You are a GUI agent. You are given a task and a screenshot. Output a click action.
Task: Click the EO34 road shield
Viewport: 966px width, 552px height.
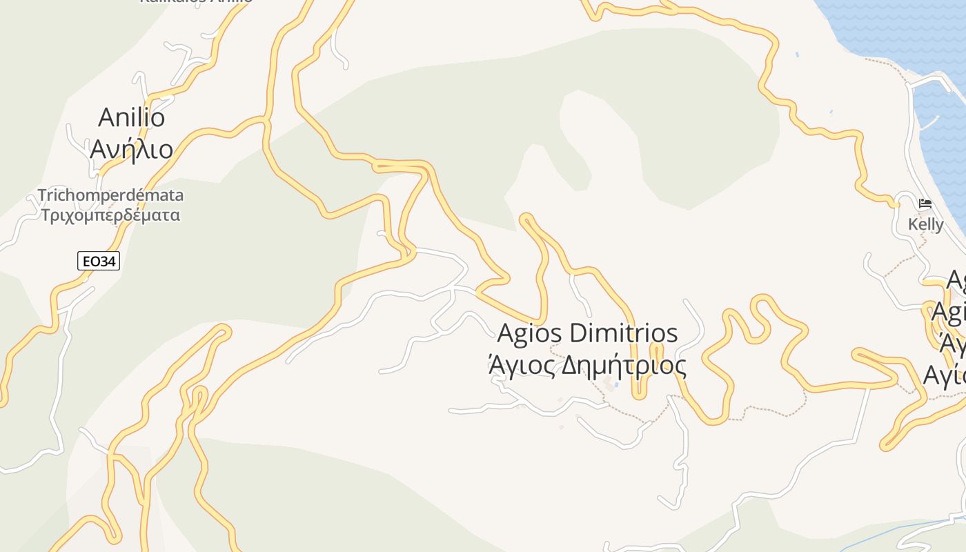99,261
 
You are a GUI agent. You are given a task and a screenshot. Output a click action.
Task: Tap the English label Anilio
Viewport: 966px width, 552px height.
132,117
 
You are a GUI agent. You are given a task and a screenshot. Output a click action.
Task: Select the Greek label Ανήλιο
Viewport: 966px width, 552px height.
131,148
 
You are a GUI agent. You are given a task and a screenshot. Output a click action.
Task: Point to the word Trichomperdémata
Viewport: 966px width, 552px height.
110,195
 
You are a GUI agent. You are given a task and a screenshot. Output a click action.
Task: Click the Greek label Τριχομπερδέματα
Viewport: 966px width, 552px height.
110,215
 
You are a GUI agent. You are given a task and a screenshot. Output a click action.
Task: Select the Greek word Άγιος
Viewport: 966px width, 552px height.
521,365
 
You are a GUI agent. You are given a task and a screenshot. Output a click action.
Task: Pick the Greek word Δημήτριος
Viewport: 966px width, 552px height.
624,365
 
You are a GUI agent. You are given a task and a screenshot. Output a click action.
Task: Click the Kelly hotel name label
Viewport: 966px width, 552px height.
925,224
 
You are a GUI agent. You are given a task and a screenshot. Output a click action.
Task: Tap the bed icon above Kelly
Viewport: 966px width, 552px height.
925,204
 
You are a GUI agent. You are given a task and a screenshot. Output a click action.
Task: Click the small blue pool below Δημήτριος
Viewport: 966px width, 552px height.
617,385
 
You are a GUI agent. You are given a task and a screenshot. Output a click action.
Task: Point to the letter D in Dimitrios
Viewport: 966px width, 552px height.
579,334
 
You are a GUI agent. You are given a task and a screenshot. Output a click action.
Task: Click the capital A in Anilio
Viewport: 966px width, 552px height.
106,117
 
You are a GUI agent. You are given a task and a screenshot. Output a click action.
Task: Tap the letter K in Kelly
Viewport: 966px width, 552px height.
913,224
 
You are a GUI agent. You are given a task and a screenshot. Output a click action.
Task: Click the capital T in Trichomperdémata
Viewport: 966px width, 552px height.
42,195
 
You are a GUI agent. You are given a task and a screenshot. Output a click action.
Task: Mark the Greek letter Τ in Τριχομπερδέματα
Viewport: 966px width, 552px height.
46,215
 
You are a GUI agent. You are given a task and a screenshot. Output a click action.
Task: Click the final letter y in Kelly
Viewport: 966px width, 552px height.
939,226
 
